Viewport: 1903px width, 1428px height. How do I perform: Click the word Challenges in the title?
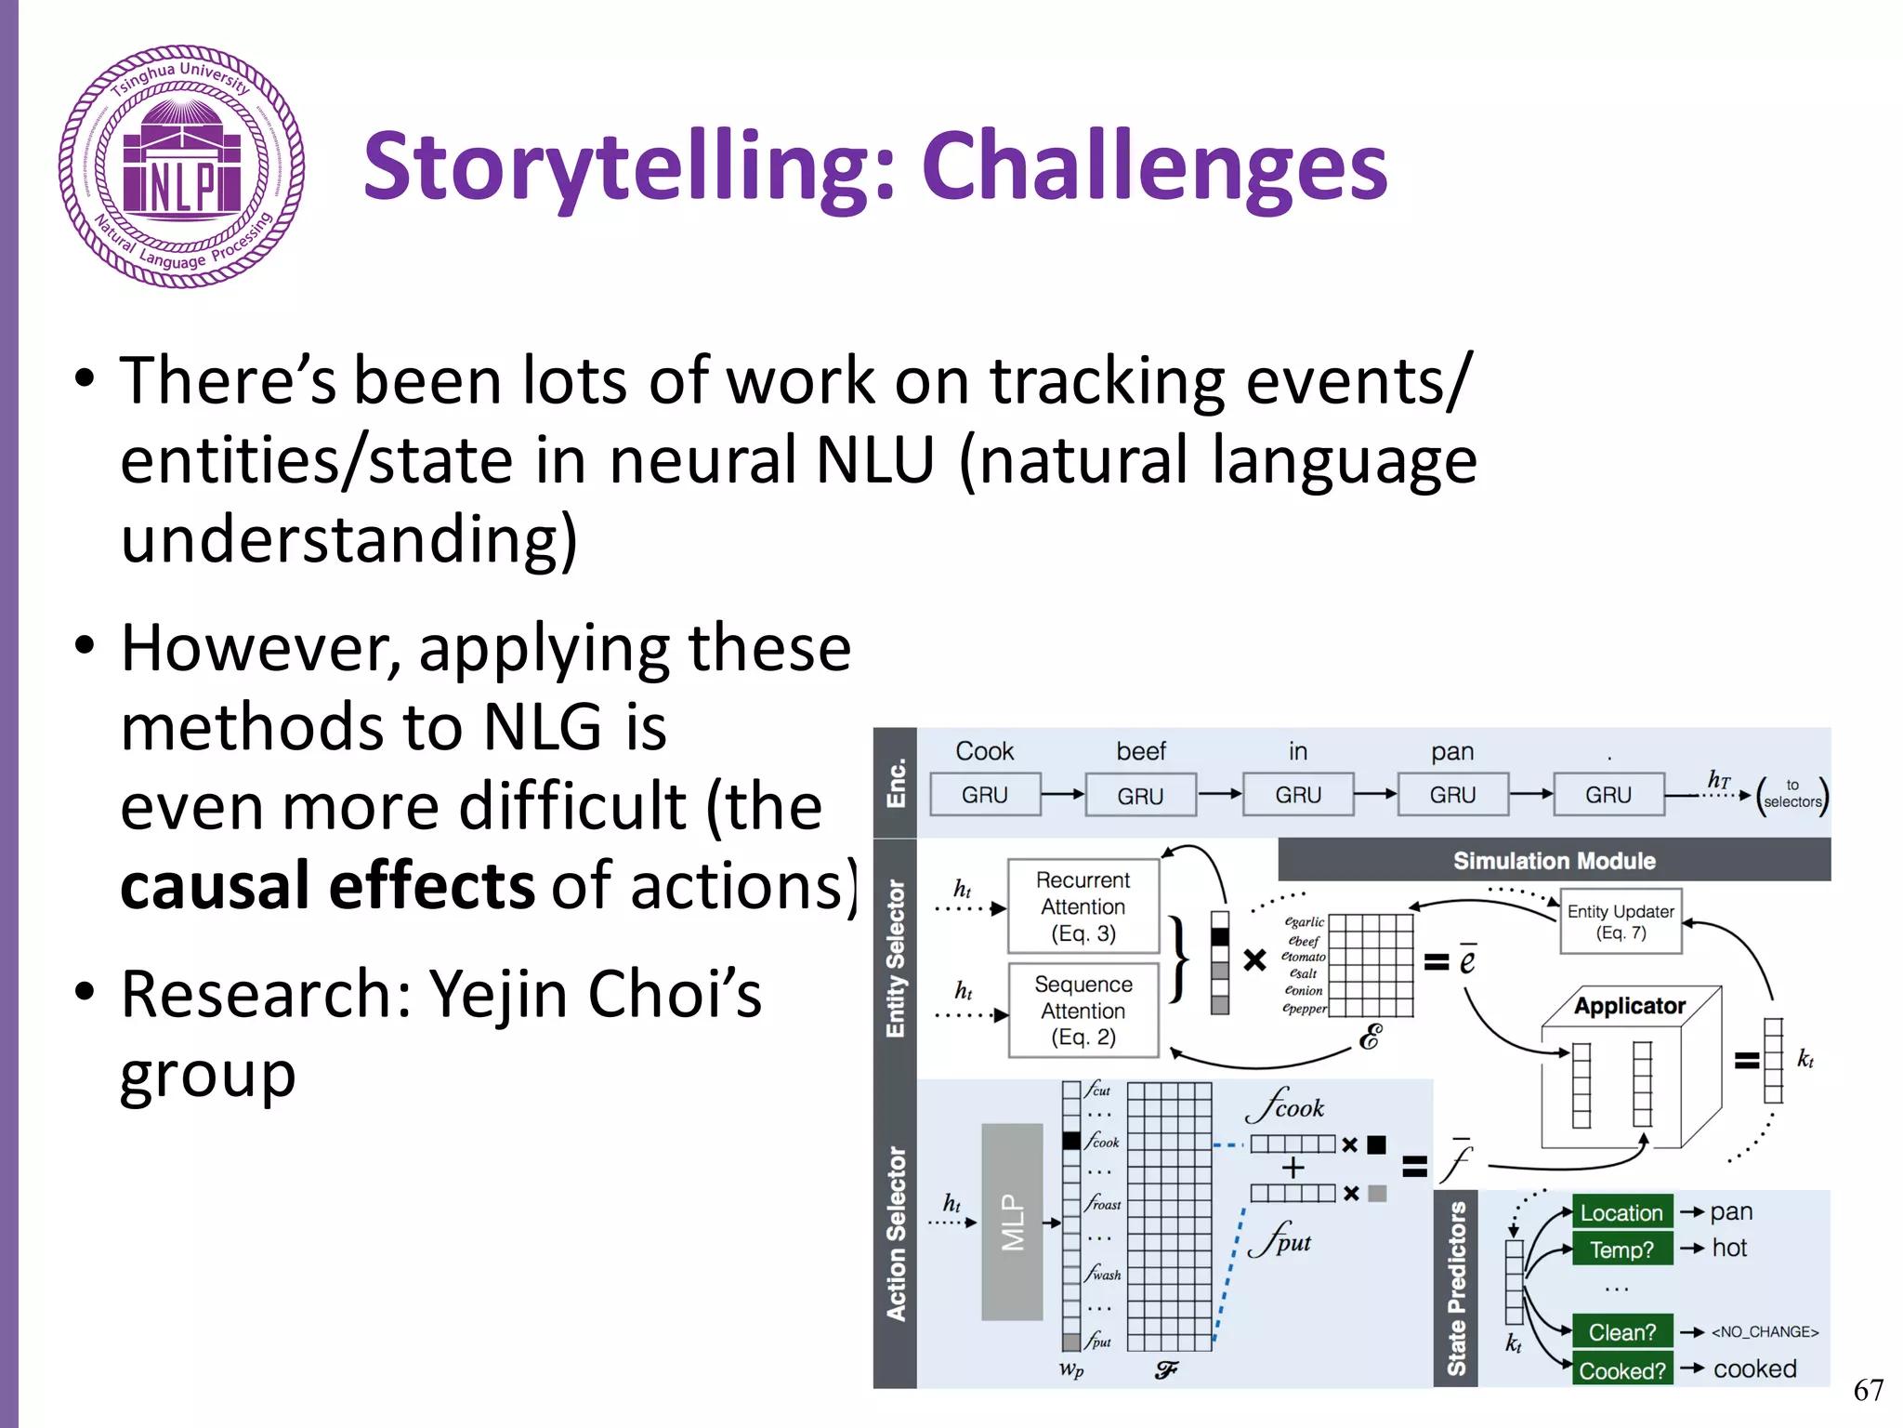click(x=1154, y=167)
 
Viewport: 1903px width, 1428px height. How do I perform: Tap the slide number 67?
click(x=1868, y=1390)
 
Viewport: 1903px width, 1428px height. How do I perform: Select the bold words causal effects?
click(x=327, y=885)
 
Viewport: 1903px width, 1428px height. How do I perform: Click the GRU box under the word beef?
click(x=1140, y=796)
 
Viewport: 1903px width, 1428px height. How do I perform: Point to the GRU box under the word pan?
click(x=1452, y=795)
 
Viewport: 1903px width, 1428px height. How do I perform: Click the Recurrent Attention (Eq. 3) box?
click(x=1083, y=906)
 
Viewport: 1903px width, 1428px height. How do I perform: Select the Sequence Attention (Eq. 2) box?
click(x=1083, y=1011)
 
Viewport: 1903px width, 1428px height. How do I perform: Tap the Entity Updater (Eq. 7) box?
click(x=1621, y=921)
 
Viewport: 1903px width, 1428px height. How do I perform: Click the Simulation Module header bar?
click(x=1554, y=861)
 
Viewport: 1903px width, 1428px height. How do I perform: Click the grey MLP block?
click(x=1012, y=1222)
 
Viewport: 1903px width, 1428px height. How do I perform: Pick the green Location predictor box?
click(x=1621, y=1212)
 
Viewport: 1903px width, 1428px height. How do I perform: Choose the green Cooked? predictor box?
click(x=1621, y=1370)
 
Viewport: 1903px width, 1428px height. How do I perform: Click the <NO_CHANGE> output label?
click(x=1765, y=1331)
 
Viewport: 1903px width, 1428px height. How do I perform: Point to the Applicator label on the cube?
click(x=1629, y=1006)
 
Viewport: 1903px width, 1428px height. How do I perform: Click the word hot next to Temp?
click(x=1729, y=1248)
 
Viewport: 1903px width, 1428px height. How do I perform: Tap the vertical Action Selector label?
click(x=896, y=1233)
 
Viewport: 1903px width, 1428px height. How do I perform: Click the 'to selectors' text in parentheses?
click(x=1792, y=795)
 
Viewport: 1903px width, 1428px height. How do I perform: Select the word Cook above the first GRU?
click(x=984, y=751)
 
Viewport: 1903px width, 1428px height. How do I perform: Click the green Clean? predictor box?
click(x=1621, y=1331)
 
